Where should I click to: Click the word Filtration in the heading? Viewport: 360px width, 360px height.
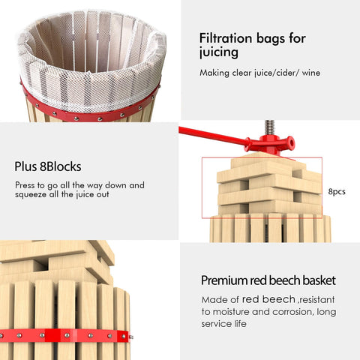point(225,38)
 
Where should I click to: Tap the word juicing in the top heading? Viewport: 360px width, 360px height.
point(218,52)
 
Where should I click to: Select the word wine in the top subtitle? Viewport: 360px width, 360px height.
point(311,73)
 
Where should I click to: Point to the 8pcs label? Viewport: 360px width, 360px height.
point(337,191)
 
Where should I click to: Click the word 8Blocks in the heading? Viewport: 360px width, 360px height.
point(61,166)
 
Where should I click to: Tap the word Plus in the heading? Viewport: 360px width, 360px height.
point(25,166)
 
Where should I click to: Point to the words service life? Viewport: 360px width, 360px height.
point(223,324)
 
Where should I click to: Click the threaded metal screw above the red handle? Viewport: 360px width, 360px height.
point(269,128)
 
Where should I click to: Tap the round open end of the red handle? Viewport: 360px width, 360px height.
point(291,142)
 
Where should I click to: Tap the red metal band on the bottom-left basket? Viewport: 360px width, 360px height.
point(65,336)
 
